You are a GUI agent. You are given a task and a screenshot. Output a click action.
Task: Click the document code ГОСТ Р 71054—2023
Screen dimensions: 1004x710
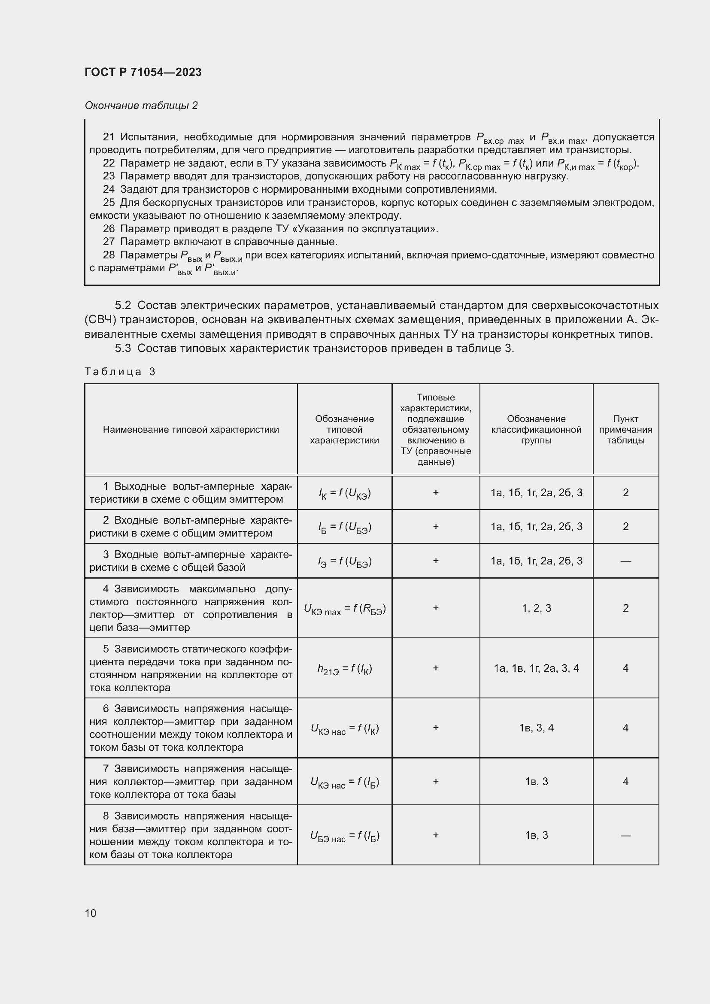pyautogui.click(x=143, y=72)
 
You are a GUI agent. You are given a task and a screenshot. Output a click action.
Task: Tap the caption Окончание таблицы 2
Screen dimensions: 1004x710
pyautogui.click(x=141, y=106)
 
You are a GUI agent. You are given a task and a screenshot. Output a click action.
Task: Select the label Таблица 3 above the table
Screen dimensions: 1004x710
pyautogui.click(x=120, y=372)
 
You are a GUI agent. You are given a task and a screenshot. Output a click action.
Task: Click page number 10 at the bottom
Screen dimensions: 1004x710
pyautogui.click(x=91, y=913)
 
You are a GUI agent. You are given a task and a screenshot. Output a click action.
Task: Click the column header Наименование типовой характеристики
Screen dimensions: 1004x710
pyautogui.click(x=191, y=429)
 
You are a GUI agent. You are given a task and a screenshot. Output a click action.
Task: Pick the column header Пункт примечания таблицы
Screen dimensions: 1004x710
pyautogui.click(x=625, y=429)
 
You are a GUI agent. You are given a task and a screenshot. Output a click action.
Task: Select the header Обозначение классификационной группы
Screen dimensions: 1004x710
pyautogui.click(x=536, y=429)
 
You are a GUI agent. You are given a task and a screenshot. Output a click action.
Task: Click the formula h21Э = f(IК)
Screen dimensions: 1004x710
pyautogui.click(x=345, y=669)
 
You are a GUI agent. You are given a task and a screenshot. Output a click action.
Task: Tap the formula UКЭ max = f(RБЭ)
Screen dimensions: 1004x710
pyautogui.click(x=345, y=609)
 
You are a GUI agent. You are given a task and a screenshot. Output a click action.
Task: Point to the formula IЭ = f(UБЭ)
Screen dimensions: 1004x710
pyautogui.click(x=345, y=561)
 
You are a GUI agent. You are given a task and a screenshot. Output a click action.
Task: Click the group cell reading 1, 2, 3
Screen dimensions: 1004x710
pyautogui.click(x=537, y=608)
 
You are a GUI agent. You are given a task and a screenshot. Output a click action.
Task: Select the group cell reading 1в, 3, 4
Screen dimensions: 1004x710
pyautogui.click(x=537, y=728)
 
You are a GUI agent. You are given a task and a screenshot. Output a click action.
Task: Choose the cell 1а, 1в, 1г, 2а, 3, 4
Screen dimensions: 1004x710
pyautogui.click(x=537, y=668)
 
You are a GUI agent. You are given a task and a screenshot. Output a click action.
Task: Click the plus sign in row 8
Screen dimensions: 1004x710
pyautogui.click(x=435, y=835)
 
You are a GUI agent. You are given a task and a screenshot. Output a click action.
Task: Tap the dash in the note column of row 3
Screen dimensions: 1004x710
pyautogui.click(x=625, y=561)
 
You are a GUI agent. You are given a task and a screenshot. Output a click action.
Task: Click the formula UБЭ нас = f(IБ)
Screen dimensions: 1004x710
pyautogui.click(x=345, y=836)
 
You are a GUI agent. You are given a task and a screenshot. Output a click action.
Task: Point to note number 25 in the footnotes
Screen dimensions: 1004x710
pyautogui.click(x=109, y=203)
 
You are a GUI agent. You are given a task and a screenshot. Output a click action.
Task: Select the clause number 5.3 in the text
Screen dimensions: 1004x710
pyautogui.click(x=123, y=348)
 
